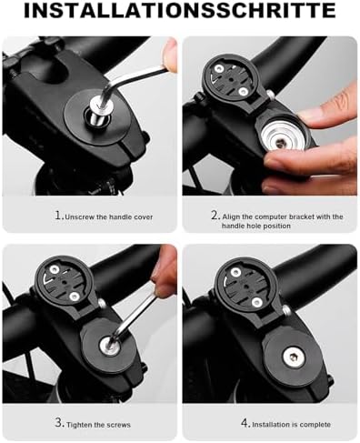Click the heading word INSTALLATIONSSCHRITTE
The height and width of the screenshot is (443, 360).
point(180,12)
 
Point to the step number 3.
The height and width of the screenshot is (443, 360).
point(57,424)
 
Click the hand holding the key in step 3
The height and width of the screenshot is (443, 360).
point(164,273)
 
